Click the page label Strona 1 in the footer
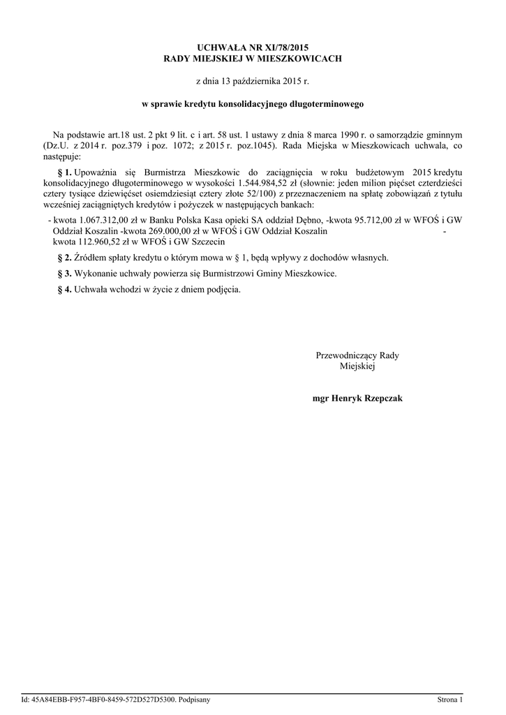(x=450, y=699)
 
